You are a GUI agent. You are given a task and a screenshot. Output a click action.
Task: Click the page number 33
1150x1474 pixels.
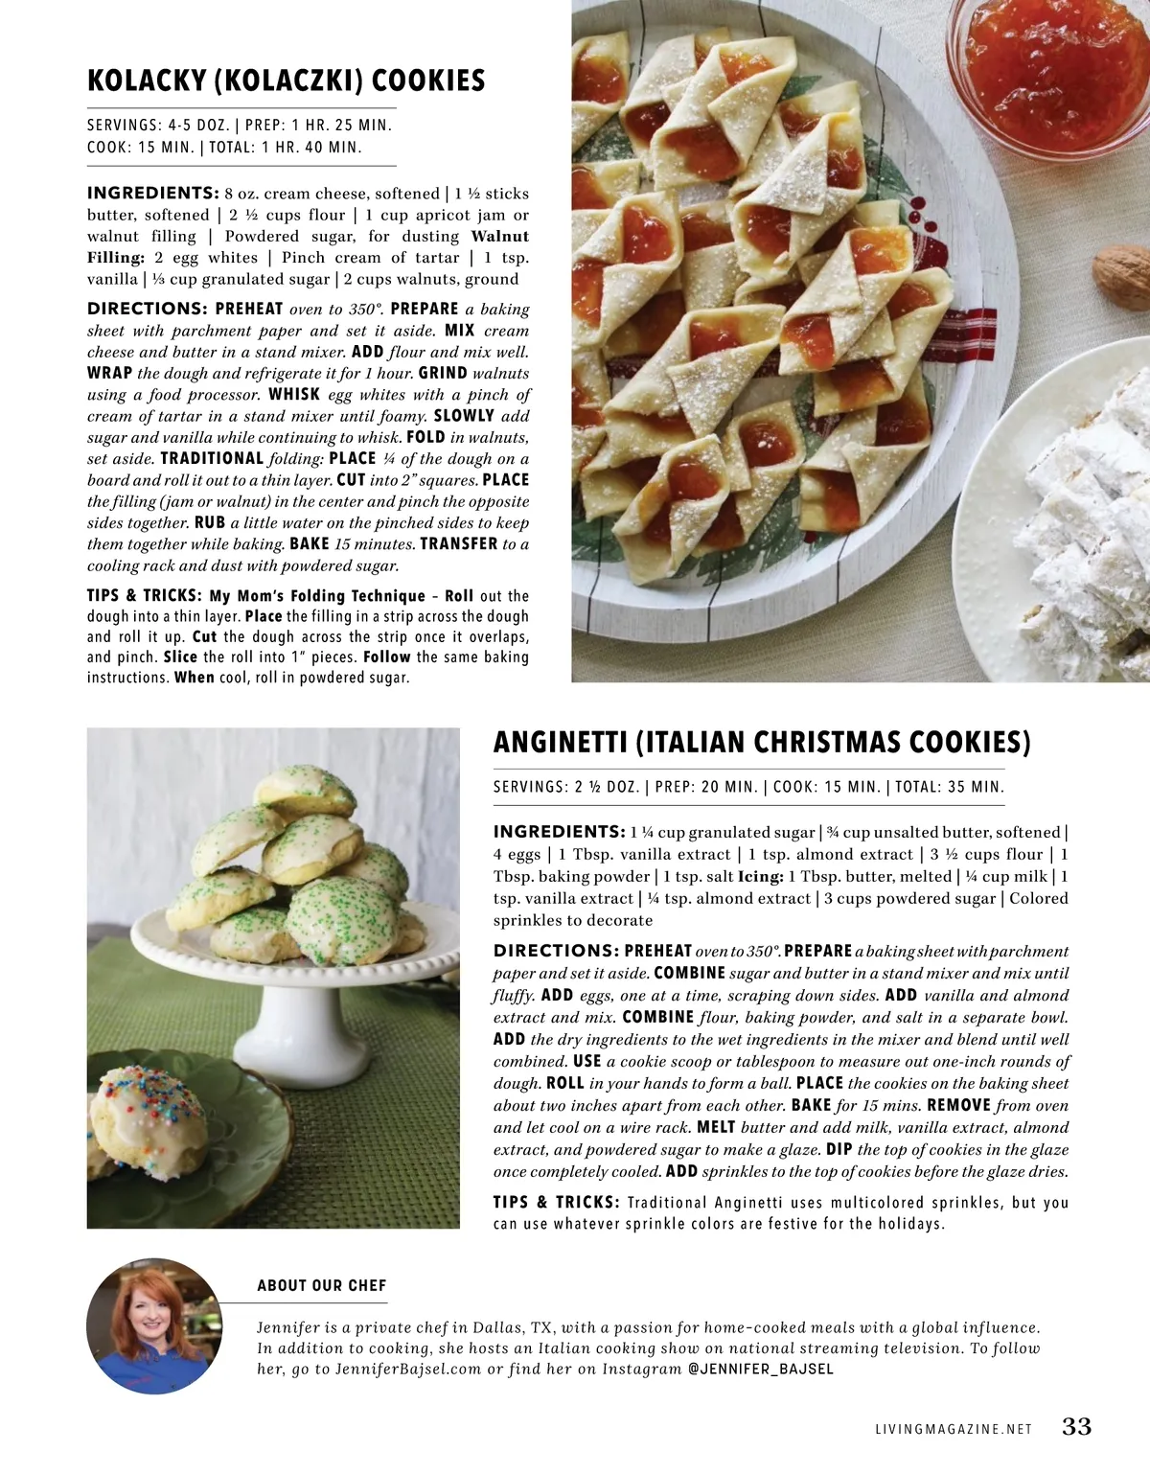point(1076,1427)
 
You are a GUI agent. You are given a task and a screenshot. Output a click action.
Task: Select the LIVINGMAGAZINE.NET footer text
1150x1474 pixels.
point(954,1429)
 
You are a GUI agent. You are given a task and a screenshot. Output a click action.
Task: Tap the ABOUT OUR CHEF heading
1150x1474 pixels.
point(321,1286)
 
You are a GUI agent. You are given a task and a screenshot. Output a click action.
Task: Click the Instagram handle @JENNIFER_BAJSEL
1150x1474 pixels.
point(761,1370)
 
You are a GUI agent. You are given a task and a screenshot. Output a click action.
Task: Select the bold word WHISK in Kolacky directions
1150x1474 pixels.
point(294,395)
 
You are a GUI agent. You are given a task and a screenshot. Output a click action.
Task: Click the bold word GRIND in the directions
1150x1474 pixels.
point(443,374)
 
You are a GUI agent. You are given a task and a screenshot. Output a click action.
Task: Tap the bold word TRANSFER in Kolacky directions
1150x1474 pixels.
point(458,544)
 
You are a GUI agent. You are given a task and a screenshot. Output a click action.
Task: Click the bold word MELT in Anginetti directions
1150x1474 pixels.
point(716,1128)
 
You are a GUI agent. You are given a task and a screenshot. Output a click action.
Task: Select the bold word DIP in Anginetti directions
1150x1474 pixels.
point(839,1150)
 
